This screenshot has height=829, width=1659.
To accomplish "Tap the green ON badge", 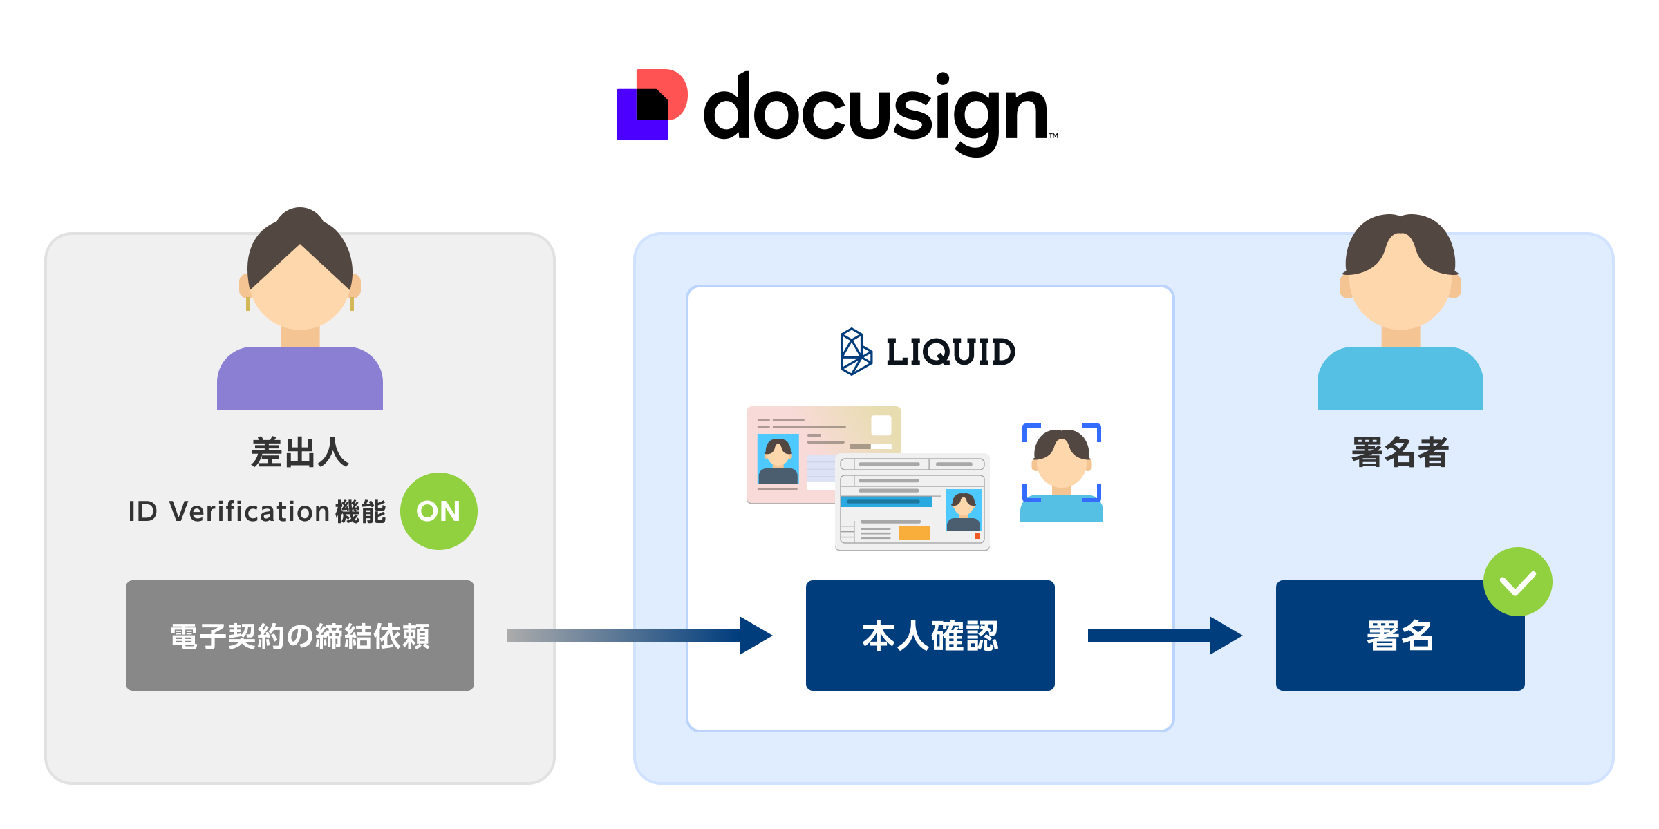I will pyautogui.click(x=438, y=511).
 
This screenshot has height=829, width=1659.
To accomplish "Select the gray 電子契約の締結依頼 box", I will pyautogui.click(x=299, y=635).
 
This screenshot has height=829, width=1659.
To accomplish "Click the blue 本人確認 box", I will pyautogui.click(x=930, y=635).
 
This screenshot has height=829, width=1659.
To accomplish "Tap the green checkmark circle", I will pyautogui.click(x=1517, y=582).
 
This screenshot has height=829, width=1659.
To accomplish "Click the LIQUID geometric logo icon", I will pyautogui.click(x=855, y=352).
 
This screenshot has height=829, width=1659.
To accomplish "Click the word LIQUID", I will pyautogui.click(x=950, y=352).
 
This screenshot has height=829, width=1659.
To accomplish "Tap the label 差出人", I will pyautogui.click(x=299, y=452).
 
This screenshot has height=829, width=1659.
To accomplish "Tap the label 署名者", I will pyautogui.click(x=1400, y=452).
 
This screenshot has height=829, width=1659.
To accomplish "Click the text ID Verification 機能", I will pyautogui.click(x=256, y=512).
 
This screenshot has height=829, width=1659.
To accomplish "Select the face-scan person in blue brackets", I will pyautogui.click(x=1061, y=470).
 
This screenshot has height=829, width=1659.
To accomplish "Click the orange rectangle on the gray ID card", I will pyautogui.click(x=914, y=533).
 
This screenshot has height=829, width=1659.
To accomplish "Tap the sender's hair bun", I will pyautogui.click(x=299, y=218).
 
